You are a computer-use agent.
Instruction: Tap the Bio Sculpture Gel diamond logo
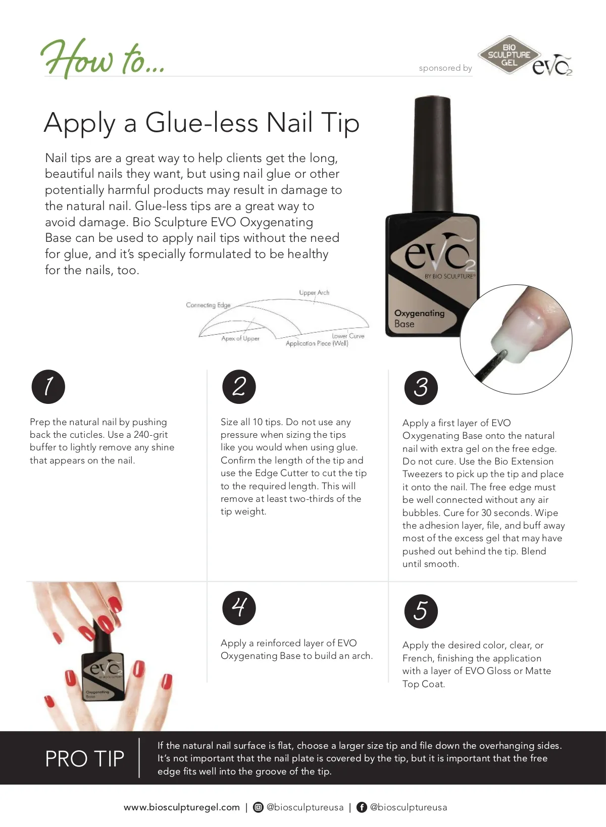509,55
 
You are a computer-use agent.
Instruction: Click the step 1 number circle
48,387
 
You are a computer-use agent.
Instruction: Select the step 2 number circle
239,387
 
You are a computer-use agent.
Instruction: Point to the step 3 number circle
421,388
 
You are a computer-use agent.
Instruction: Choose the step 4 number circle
239,608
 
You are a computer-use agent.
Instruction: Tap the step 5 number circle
421,611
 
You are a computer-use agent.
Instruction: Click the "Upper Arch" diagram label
314,293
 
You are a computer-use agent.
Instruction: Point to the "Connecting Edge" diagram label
208,305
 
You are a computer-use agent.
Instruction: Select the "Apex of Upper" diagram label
240,339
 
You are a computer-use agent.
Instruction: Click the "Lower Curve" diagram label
348,336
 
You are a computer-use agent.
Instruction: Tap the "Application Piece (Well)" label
317,343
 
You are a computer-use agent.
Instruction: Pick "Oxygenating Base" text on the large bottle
419,318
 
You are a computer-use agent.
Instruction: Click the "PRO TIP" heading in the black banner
84,759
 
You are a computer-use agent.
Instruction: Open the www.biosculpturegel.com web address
182,807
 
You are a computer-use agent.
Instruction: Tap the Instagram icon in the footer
258,807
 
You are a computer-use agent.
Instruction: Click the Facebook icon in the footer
362,807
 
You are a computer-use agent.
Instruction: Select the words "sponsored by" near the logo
445,68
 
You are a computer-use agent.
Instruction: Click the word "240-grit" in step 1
150,435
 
